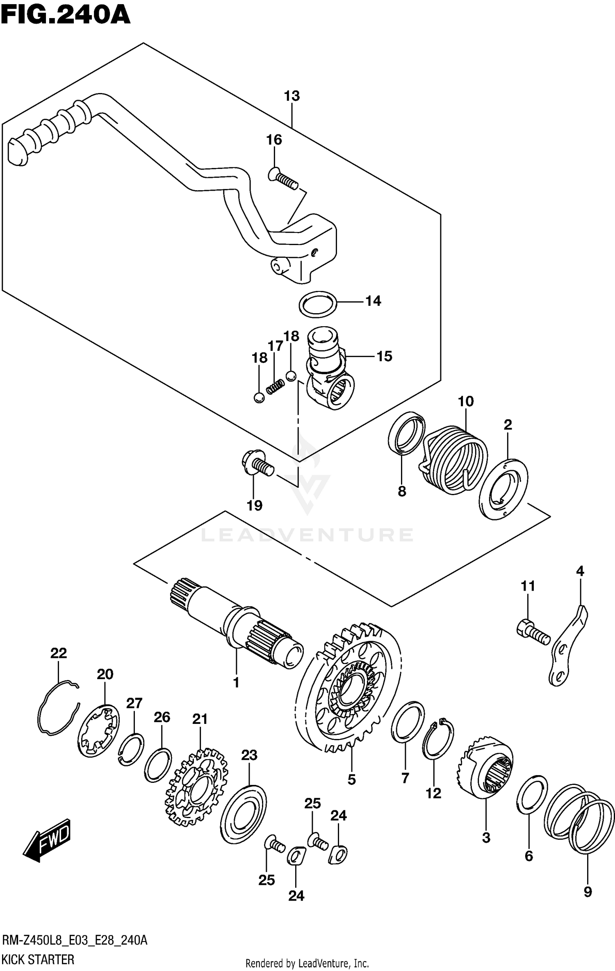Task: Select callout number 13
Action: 292,96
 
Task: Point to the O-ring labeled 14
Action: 318,304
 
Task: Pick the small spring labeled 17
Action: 275,387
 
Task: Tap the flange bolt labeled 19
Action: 257,465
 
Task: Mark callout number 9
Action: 588,891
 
